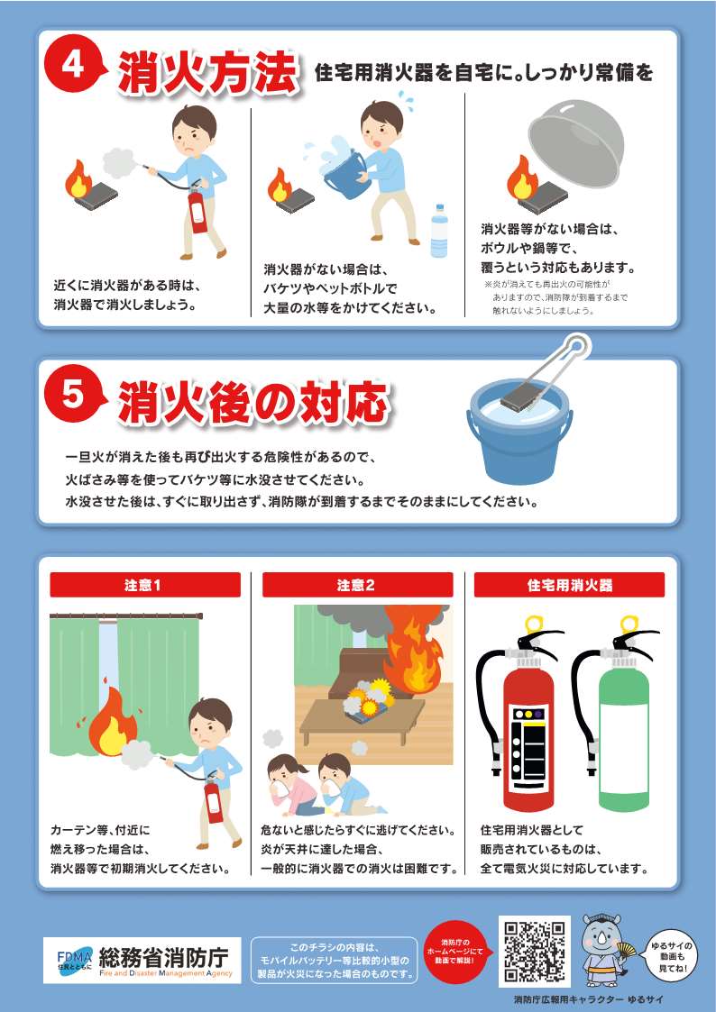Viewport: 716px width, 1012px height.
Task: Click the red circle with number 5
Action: pos(72,394)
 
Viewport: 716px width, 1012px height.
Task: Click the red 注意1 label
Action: pos(145,585)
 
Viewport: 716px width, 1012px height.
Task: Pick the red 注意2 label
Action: pos(357,585)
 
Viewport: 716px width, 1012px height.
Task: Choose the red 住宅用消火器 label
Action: pos(569,585)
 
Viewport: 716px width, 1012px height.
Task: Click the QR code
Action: pos(535,952)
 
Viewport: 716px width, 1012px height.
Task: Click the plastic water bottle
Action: pos(440,230)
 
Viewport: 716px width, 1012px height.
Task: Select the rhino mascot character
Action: pos(603,950)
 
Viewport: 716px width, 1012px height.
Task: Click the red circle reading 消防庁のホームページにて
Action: pos(455,952)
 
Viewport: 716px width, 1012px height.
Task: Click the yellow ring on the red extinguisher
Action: pos(533,624)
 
